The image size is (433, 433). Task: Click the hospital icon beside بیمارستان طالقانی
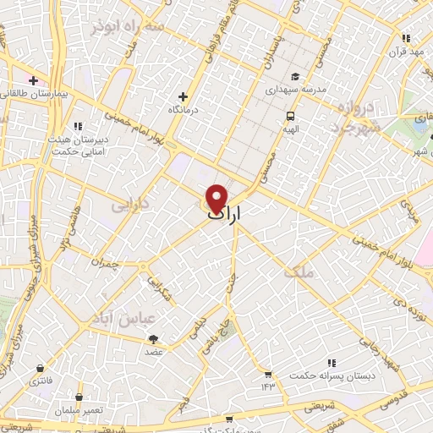[x=33, y=81]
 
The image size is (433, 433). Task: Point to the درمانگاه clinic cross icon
[x=183, y=96]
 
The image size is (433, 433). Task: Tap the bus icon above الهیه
[x=291, y=116]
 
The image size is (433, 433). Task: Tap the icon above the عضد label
[x=154, y=339]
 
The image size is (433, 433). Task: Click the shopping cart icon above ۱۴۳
[x=268, y=374]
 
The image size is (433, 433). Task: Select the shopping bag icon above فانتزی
[x=41, y=368]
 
